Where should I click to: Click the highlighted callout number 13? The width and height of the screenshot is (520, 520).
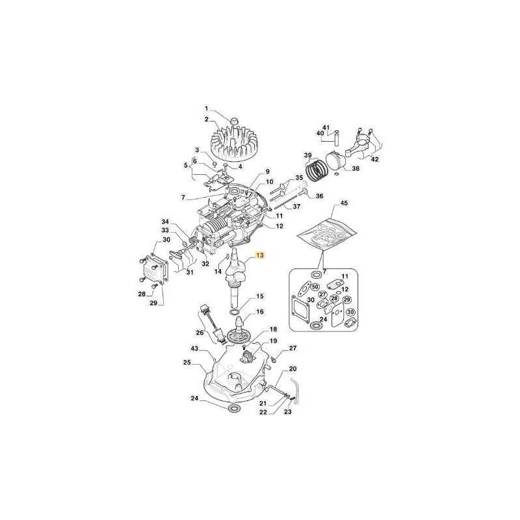pyautogui.click(x=259, y=255)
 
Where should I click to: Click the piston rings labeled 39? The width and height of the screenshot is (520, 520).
pyautogui.click(x=317, y=169)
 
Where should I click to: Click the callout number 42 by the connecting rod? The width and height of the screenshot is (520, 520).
pyautogui.click(x=374, y=159)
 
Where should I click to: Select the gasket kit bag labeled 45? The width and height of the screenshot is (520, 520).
pyautogui.click(x=326, y=233)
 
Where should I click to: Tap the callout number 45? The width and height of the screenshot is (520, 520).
pyautogui.click(x=344, y=202)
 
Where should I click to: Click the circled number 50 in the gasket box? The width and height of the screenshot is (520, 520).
pyautogui.click(x=315, y=287)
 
